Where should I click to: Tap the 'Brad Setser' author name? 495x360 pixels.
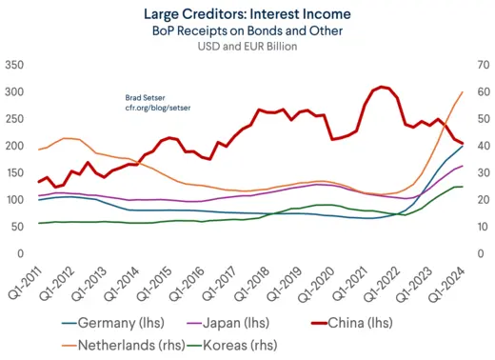(x=146, y=98)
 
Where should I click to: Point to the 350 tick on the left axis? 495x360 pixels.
(x=14, y=65)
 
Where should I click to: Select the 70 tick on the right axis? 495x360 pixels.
(x=480, y=65)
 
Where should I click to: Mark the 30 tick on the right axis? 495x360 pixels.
(x=480, y=173)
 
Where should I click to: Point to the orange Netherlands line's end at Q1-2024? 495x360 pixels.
(x=463, y=92)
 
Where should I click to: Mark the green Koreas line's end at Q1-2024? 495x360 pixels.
(x=463, y=187)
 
